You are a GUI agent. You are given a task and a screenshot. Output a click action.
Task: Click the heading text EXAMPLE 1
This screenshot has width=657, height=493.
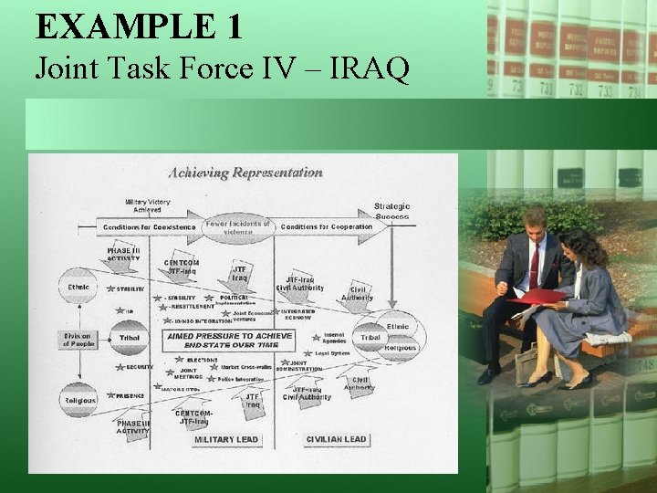tap(139, 26)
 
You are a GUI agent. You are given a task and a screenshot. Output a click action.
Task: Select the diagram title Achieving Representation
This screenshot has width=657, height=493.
tap(245, 173)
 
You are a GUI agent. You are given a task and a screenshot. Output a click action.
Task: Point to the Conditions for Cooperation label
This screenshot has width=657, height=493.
tap(326, 226)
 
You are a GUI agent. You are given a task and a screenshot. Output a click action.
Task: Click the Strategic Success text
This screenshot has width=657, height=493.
tap(391, 212)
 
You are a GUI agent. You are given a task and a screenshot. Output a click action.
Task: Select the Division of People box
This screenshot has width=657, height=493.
tap(78, 340)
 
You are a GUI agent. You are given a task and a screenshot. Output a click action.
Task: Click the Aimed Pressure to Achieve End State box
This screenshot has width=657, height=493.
tap(229, 341)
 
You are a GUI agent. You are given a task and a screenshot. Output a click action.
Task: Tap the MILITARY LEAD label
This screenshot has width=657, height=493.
tap(226, 439)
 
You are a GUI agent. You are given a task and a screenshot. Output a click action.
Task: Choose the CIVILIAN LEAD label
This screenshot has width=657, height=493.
tap(336, 439)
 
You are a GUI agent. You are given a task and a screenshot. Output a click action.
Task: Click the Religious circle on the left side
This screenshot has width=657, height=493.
tap(79, 400)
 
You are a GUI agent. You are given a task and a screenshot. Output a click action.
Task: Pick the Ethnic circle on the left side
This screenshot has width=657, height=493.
tap(79, 286)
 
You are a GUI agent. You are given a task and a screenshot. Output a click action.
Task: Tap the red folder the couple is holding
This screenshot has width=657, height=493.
tap(538, 296)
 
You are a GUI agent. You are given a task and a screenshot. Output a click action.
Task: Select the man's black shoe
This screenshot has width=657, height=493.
tap(489, 373)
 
